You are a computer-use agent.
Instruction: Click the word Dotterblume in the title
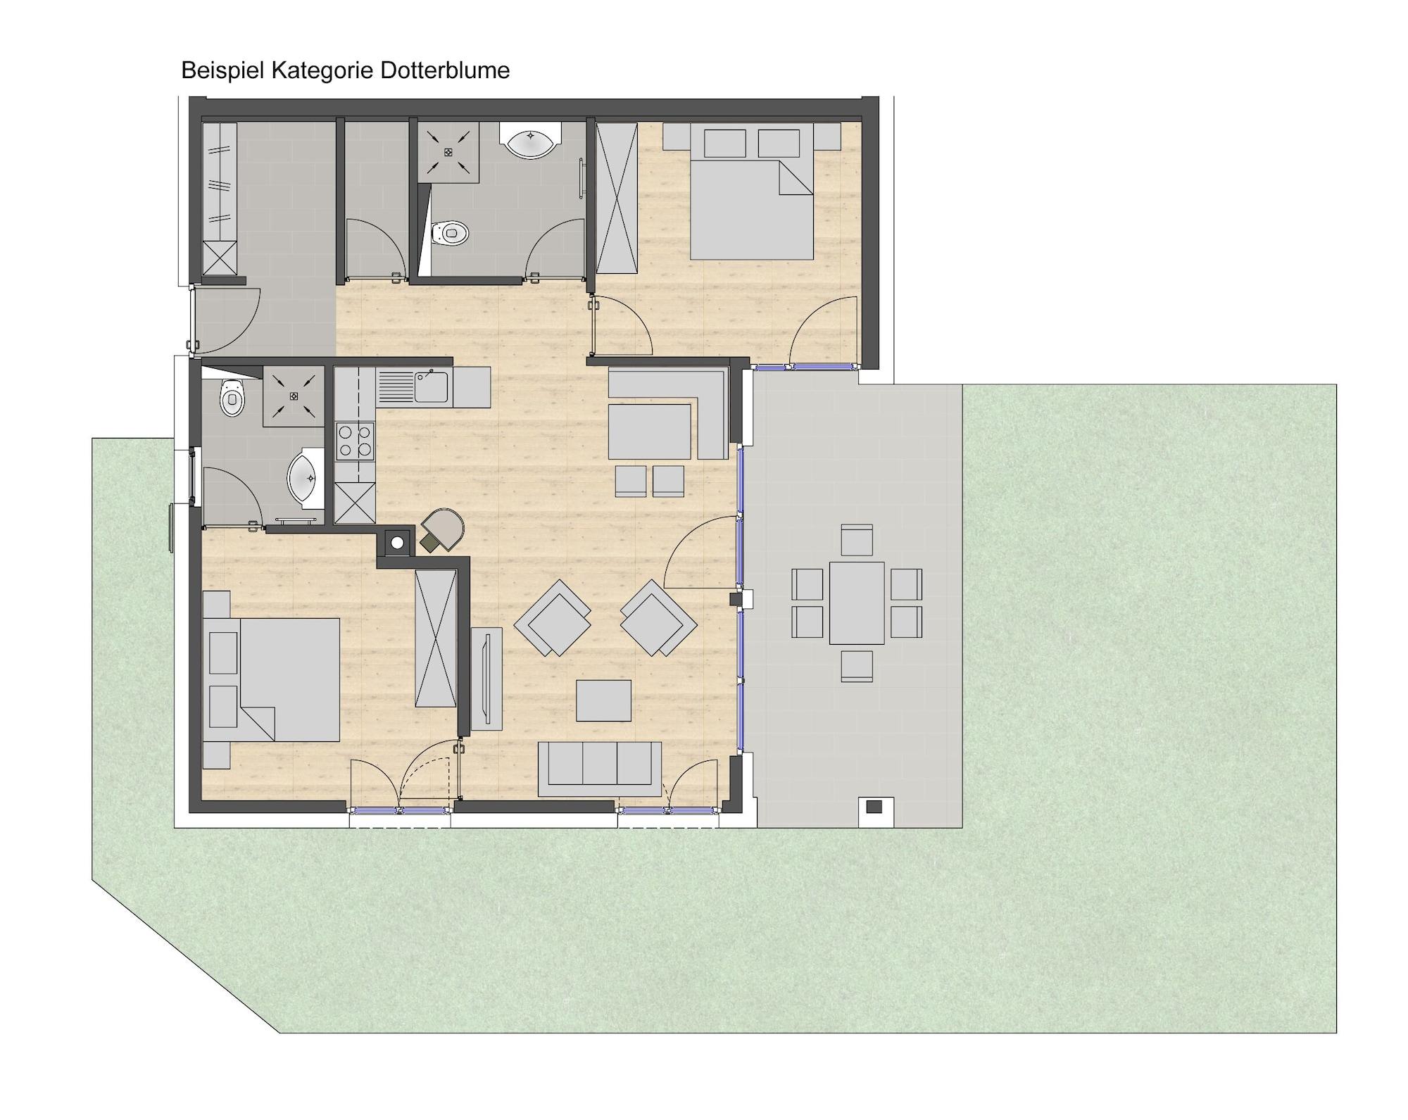tap(445, 70)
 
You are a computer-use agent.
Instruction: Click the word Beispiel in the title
tap(222, 71)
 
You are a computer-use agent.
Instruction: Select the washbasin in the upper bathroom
tap(530, 141)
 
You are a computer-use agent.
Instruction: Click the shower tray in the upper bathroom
tap(448, 152)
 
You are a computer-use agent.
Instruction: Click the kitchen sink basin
tap(431, 386)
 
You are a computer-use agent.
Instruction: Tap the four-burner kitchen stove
tap(355, 441)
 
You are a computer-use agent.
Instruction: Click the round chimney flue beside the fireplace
tap(398, 543)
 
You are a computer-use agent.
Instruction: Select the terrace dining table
tap(857, 603)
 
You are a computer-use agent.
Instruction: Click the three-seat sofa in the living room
tap(600, 768)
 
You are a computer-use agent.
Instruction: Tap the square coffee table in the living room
tap(603, 700)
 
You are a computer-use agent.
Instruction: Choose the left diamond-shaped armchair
tap(553, 617)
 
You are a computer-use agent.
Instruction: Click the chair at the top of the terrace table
tap(857, 540)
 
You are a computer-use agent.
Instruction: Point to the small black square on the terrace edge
tap(874, 807)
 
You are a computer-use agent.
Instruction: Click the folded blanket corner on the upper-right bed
tap(796, 177)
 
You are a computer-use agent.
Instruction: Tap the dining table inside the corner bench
tap(649, 432)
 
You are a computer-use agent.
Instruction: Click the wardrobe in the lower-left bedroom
tap(436, 638)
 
